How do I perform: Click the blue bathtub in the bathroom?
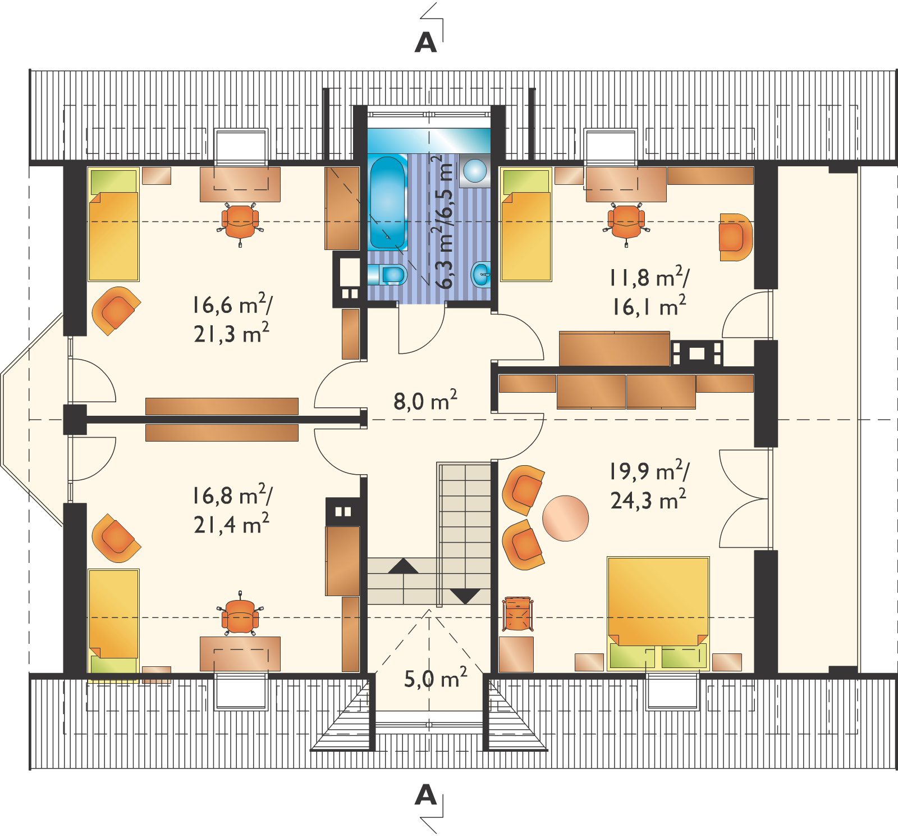click(x=387, y=203)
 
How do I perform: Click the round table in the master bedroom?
click(x=565, y=517)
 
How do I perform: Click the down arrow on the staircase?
click(x=465, y=596)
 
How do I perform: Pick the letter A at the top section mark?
click(x=425, y=43)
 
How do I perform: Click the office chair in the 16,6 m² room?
click(x=241, y=221)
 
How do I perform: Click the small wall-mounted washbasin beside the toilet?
click(x=482, y=274)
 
